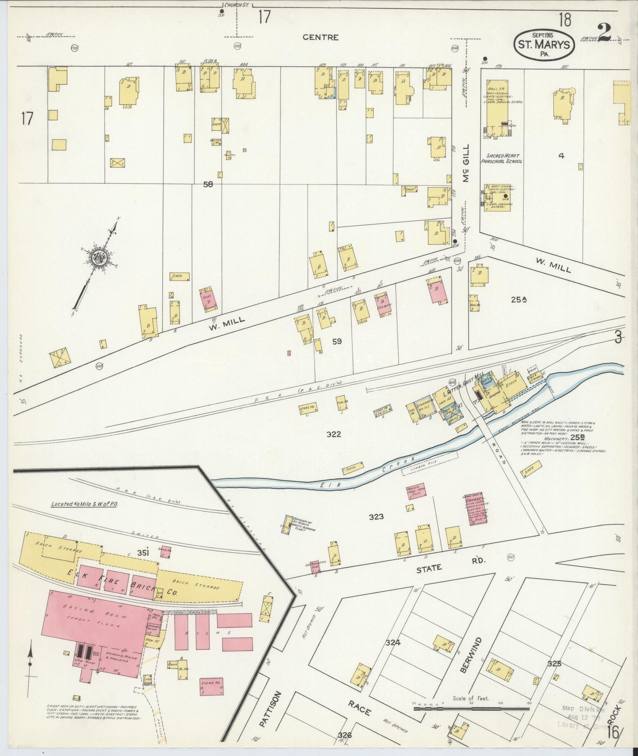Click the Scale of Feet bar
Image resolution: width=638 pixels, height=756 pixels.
click(x=471, y=709)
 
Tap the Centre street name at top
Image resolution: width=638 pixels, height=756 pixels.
click(x=321, y=37)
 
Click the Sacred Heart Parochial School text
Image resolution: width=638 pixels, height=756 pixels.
click(x=504, y=159)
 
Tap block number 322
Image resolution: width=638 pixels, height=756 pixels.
click(x=333, y=434)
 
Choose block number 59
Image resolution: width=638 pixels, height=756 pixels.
click(x=337, y=341)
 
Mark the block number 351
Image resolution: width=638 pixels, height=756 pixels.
click(x=142, y=552)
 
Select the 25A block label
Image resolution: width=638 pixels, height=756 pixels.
click(x=519, y=299)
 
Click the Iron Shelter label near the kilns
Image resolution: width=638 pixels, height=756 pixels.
click(x=190, y=612)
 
